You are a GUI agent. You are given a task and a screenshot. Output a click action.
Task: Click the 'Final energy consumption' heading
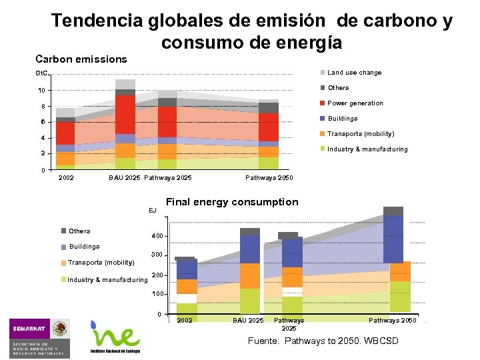pyautogui.click(x=232, y=202)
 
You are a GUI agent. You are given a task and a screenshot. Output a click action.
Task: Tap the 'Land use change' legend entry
pyautogui.click(x=354, y=73)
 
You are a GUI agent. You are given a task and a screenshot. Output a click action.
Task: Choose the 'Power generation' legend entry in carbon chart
pyautogui.click(x=355, y=103)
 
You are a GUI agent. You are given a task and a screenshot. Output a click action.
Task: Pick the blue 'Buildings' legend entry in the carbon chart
pyautogui.click(x=342, y=119)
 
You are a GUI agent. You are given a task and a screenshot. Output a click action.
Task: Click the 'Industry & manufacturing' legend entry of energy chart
pyautogui.click(x=107, y=280)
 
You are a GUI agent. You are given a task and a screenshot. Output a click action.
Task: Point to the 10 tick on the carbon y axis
pyautogui.click(x=41, y=91)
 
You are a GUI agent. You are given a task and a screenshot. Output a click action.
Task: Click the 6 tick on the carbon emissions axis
pyautogui.click(x=43, y=122)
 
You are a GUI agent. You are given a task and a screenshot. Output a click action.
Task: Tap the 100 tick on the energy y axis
pyautogui.click(x=157, y=294)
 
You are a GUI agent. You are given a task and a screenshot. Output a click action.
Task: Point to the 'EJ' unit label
pyautogui.click(x=152, y=210)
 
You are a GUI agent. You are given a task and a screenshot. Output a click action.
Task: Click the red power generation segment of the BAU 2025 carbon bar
pyautogui.click(x=125, y=114)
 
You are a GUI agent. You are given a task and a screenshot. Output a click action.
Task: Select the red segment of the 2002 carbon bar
pyautogui.click(x=65, y=133)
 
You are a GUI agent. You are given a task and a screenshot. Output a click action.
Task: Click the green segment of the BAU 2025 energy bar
pyautogui.click(x=250, y=301)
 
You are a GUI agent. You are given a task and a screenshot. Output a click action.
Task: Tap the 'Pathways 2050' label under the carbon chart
pyautogui.click(x=269, y=178)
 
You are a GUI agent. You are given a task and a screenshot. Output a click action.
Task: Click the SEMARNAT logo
pyautogui.click(x=39, y=336)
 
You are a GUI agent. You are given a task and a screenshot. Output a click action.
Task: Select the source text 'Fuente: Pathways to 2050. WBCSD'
pyautogui.click(x=323, y=341)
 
